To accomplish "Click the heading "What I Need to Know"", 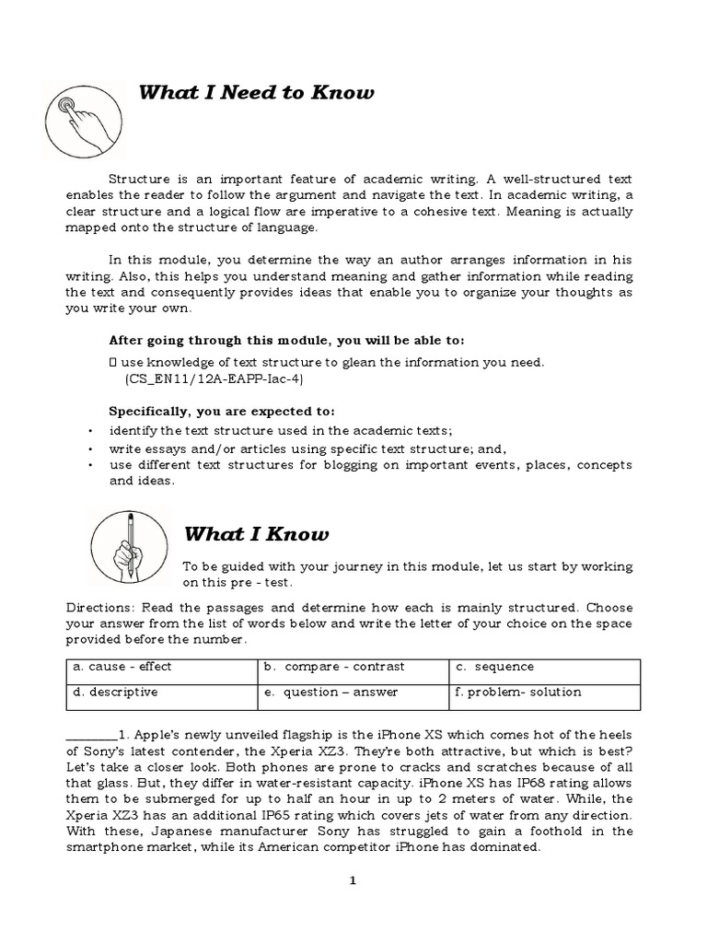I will [256, 93].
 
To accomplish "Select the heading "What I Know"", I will [256, 534].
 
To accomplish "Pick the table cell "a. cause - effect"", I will [161, 668].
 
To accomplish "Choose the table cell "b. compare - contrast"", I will [353, 668].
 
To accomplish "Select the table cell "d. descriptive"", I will [161, 693].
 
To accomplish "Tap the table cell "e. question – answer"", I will [353, 693].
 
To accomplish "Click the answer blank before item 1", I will [89, 735].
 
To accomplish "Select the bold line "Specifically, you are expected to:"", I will [222, 411].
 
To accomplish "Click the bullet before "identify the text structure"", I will [90, 431].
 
